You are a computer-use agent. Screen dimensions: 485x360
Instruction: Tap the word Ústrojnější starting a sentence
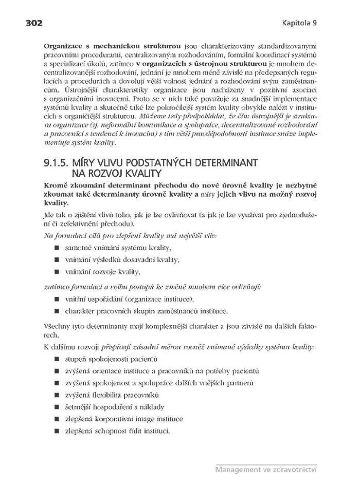(61, 90)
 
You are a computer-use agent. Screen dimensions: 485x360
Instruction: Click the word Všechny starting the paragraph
(57, 327)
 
